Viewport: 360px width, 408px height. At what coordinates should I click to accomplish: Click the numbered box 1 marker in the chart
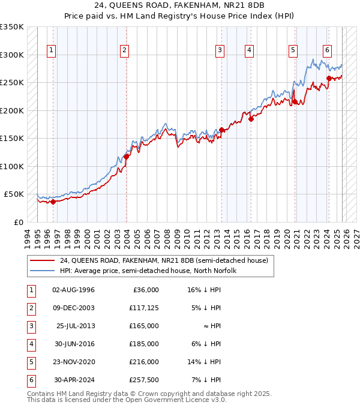click(x=52, y=50)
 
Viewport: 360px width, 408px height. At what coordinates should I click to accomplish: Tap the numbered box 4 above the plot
click(x=248, y=50)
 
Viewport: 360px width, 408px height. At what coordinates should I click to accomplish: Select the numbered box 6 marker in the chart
click(x=327, y=50)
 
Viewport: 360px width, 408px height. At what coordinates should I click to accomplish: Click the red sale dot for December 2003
click(x=127, y=157)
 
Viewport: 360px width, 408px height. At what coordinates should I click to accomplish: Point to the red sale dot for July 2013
click(x=222, y=130)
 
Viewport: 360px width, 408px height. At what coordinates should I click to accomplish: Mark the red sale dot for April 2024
click(x=329, y=78)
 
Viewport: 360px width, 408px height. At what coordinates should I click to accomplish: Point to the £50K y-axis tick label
click(x=14, y=194)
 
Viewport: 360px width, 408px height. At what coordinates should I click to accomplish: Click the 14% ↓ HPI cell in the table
click(x=204, y=362)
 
